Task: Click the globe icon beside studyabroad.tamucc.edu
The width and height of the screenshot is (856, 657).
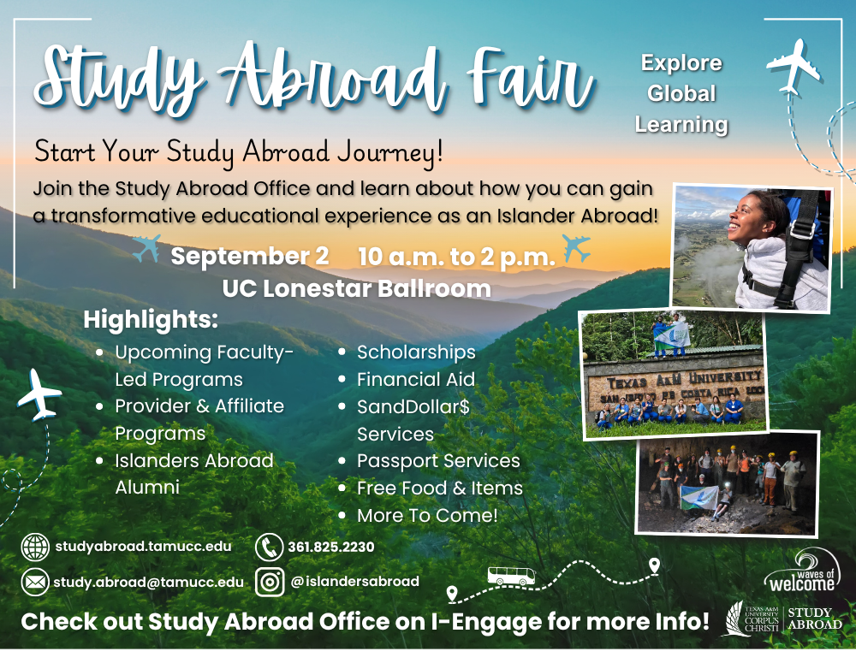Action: coord(35,547)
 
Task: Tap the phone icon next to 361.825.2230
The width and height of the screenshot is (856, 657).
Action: coord(269,547)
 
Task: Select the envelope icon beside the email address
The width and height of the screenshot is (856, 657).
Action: coord(35,583)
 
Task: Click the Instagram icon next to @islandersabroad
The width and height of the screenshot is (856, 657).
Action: coord(270,583)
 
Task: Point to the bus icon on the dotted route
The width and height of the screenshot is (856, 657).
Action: coord(511,576)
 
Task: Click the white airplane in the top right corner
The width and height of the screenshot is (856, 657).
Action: coord(794,67)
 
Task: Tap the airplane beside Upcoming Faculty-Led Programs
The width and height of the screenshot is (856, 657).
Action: coord(39,394)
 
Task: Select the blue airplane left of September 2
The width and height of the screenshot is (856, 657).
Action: coord(147,248)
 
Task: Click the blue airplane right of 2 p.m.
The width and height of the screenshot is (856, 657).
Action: coord(576,248)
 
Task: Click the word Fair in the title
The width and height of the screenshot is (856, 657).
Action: coord(530,79)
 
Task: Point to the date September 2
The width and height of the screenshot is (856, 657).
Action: coord(249,256)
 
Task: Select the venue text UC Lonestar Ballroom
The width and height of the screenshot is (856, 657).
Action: coord(356,288)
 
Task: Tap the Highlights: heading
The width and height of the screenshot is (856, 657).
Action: coord(151,320)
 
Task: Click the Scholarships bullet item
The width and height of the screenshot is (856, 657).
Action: coord(416,352)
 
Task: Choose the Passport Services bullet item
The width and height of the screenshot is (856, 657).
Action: coord(438,461)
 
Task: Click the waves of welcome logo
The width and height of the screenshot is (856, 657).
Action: coord(801,571)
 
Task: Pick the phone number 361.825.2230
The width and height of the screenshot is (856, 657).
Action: coord(330,547)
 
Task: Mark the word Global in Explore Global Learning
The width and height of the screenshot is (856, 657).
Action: coord(681,93)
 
